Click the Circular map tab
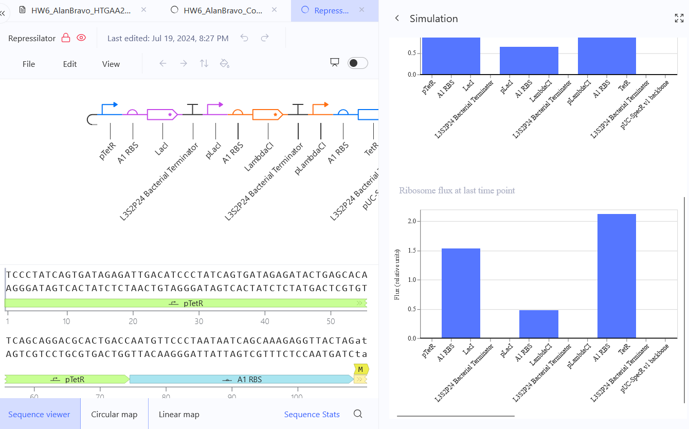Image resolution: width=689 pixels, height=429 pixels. point(114,414)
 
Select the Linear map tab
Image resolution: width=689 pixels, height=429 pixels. point(179,414)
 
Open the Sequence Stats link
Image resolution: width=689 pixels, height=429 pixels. point(312,414)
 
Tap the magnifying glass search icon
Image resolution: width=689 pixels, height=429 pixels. point(358,414)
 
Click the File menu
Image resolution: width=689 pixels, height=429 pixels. point(29,64)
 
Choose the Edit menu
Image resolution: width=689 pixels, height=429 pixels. point(70,64)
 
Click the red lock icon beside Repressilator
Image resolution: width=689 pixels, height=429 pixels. point(65,38)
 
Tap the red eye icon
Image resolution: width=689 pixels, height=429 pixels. point(81,38)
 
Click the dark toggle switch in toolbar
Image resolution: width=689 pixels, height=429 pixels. point(358,63)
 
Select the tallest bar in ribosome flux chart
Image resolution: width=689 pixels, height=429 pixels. point(617,276)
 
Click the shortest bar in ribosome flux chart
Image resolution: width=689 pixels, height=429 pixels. point(538,324)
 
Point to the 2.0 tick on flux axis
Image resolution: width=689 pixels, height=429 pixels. point(412,221)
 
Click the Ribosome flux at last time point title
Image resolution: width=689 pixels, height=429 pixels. point(457,190)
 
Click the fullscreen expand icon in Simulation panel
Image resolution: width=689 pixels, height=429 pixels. point(679,18)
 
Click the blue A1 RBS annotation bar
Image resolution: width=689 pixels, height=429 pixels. point(242,379)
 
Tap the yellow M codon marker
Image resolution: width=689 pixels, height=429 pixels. point(361,369)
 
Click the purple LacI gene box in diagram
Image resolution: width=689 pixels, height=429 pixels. point(162,115)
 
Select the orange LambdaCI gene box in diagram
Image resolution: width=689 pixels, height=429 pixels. point(267,115)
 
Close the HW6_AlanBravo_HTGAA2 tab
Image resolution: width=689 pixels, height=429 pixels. point(143,10)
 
